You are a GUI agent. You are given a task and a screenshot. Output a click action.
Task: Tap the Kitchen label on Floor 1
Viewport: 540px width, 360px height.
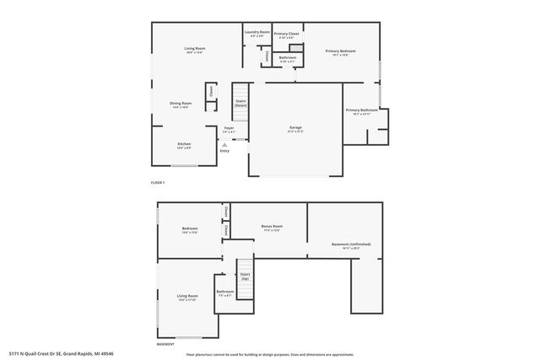(x=184, y=145)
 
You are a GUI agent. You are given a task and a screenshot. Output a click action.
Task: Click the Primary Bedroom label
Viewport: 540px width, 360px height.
(x=340, y=52)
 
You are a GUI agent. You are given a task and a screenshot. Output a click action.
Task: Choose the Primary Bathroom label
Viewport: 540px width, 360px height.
(x=360, y=111)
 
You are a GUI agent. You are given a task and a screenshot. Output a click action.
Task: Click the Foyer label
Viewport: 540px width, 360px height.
(x=229, y=130)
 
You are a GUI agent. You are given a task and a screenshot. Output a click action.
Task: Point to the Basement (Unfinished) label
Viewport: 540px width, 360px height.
(x=351, y=246)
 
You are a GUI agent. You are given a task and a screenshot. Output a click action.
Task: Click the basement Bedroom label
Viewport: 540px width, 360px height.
(x=190, y=230)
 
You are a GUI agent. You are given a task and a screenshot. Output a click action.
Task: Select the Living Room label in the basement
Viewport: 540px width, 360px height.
(x=187, y=298)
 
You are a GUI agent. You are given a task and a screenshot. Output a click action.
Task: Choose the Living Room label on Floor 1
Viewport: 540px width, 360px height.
(x=195, y=50)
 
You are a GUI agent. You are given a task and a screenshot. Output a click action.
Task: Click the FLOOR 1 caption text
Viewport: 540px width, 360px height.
(x=156, y=182)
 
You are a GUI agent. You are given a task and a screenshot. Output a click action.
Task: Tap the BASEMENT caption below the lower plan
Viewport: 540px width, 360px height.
(x=165, y=344)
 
